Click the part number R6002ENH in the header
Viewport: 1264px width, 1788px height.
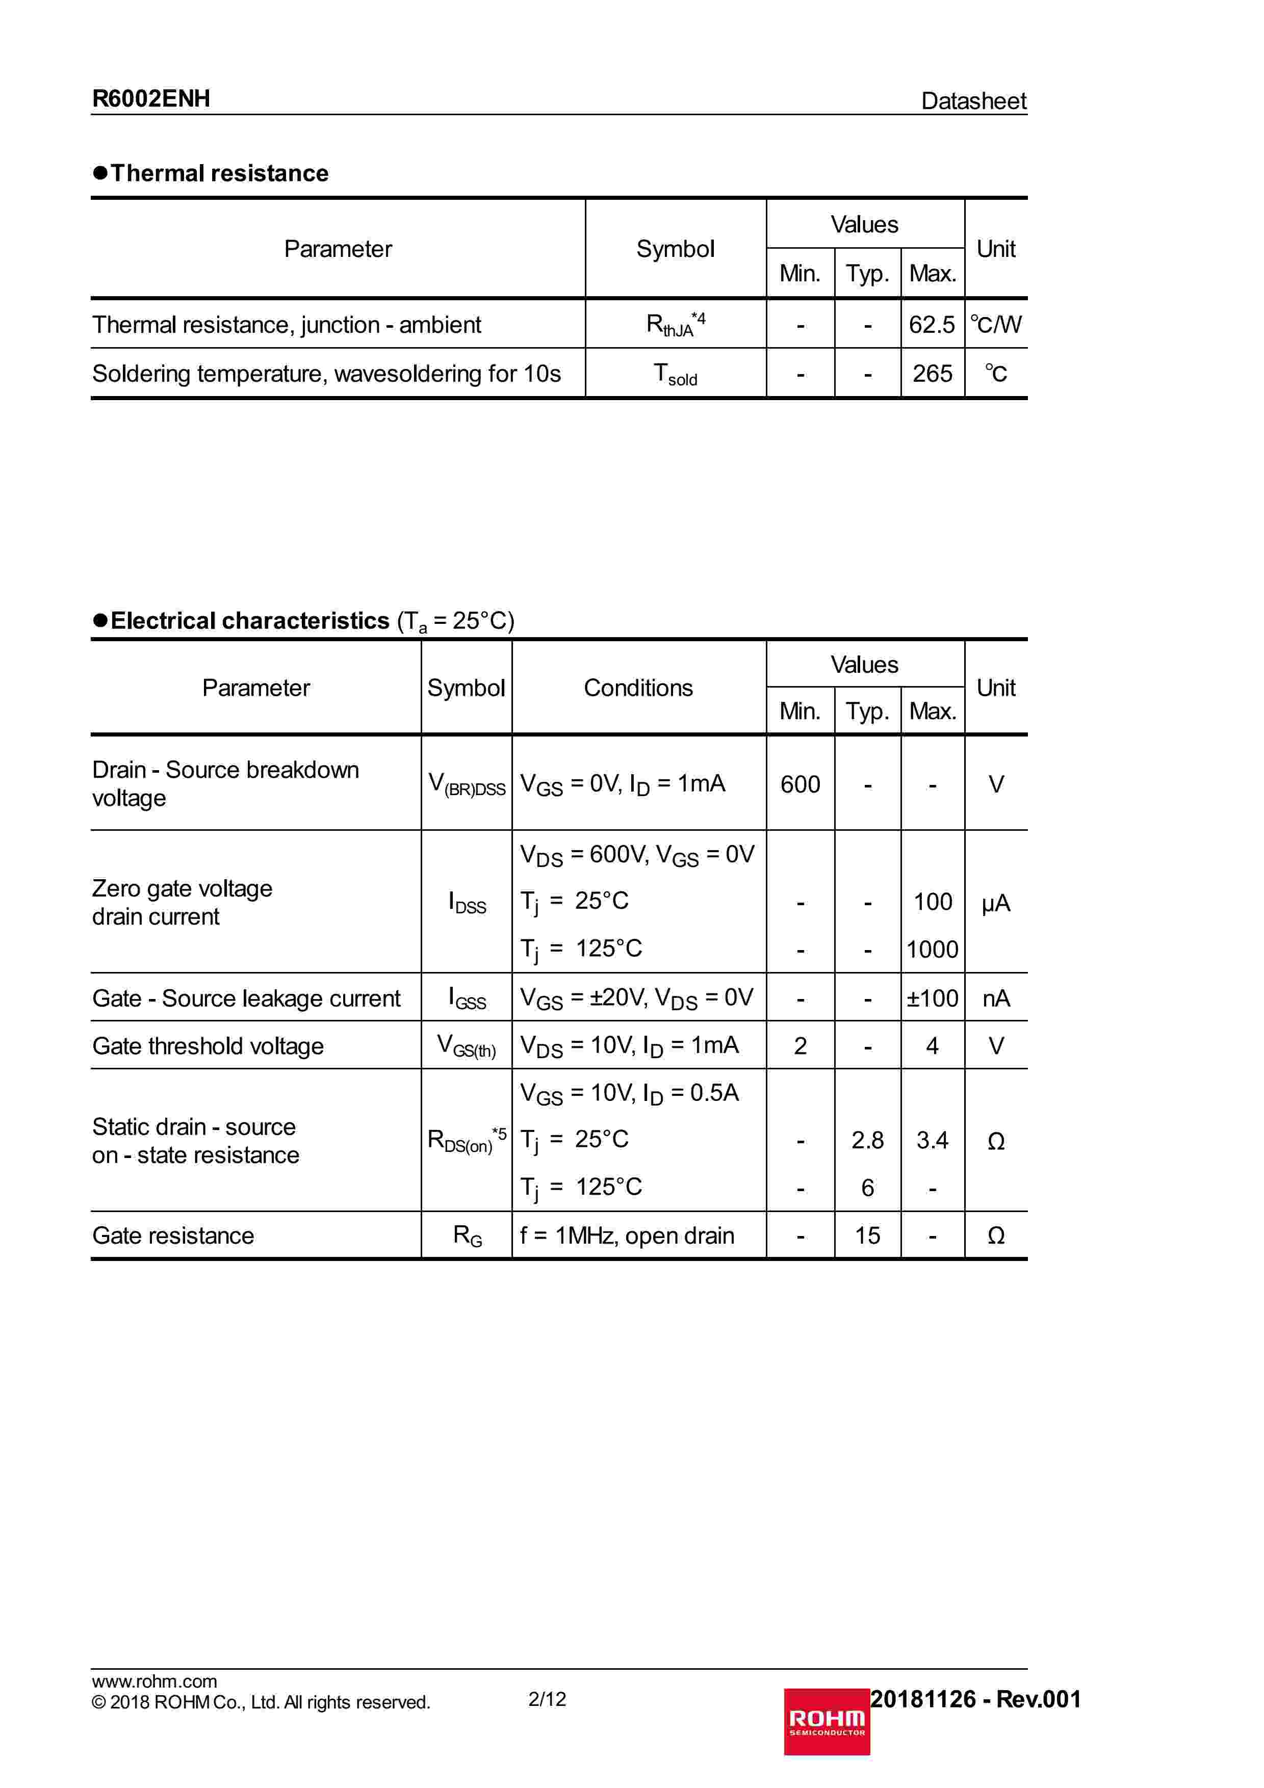tap(151, 99)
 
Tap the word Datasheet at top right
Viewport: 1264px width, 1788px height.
tap(973, 101)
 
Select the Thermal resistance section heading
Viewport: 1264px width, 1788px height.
tap(219, 173)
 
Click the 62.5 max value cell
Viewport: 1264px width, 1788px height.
tap(932, 324)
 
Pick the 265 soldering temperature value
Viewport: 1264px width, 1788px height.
tap(932, 374)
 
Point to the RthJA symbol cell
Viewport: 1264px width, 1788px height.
tap(675, 324)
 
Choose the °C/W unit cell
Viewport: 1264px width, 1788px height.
tap(995, 324)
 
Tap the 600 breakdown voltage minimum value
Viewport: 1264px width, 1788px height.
tap(800, 784)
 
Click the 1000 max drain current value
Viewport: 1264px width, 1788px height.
tap(932, 949)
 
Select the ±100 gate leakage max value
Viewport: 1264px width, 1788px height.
tap(932, 998)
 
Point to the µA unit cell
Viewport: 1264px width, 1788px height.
tap(995, 903)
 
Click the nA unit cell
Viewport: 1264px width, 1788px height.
tap(995, 998)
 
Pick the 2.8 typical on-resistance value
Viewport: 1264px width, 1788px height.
tap(867, 1141)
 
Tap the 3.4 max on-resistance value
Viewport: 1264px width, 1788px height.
tap(932, 1141)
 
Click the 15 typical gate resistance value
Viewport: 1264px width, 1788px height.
tap(867, 1236)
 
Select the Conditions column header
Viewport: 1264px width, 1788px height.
tap(638, 688)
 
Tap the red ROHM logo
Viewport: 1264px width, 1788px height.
tap(827, 1722)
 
